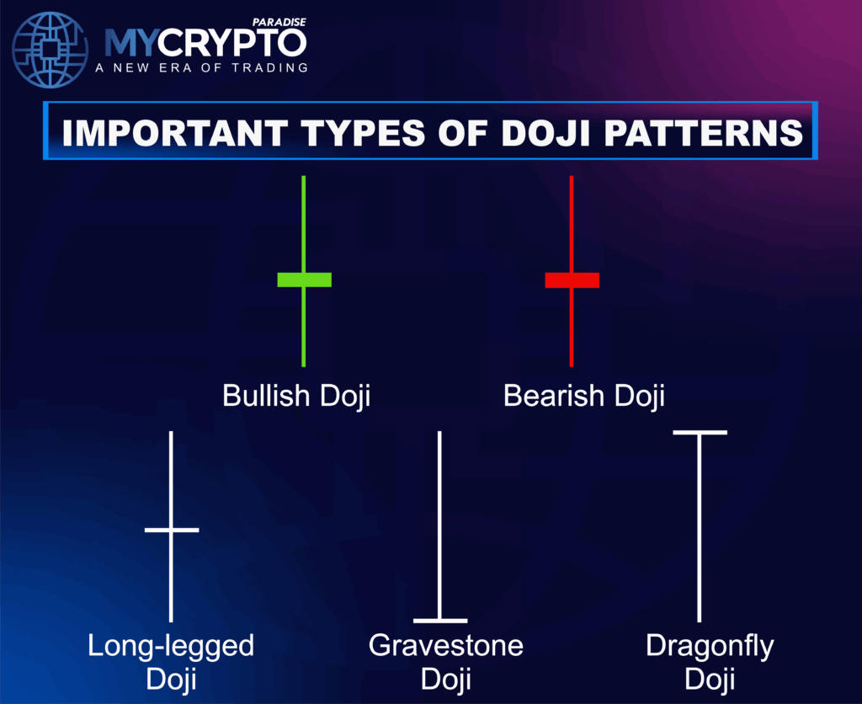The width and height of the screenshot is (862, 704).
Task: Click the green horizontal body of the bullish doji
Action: [304, 280]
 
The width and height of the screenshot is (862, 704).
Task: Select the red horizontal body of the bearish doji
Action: [572, 280]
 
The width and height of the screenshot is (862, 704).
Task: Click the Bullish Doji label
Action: [295, 396]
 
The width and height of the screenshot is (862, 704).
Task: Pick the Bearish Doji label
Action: [583, 396]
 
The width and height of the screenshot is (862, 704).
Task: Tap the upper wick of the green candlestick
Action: [304, 223]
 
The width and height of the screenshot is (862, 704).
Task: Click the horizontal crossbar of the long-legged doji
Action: [172, 530]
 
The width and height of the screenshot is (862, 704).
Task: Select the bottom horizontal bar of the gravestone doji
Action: [440, 621]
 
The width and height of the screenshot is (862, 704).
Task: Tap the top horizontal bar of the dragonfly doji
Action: [699, 433]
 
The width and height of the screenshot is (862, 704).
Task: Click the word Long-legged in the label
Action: [171, 647]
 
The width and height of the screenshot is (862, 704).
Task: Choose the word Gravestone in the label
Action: [445, 647]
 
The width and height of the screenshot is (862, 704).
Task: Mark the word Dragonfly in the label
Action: [710, 647]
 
